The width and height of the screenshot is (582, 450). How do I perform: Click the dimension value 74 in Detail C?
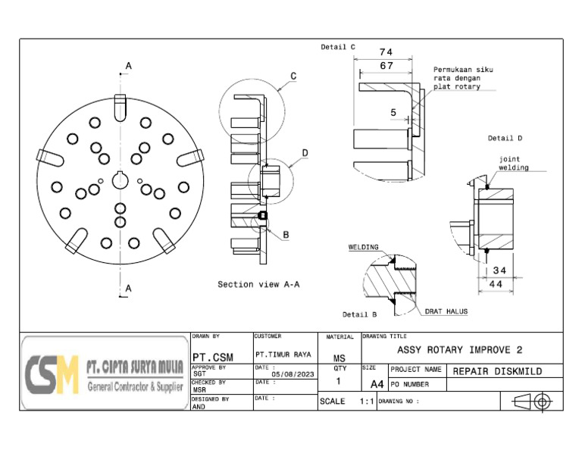pos(386,52)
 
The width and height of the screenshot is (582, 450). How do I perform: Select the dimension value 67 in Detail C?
pos(386,66)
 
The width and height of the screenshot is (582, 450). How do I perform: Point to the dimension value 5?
pos(393,112)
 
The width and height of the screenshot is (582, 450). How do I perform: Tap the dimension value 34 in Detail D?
pos(499,270)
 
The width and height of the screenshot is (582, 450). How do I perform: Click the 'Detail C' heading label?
pos(338,47)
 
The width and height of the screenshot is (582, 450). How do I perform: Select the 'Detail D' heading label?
pos(505,139)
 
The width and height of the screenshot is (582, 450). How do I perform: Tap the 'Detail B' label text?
pos(359,314)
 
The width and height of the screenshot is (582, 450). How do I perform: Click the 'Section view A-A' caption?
pos(258,285)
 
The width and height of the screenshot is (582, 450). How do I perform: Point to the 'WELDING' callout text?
pos(363,247)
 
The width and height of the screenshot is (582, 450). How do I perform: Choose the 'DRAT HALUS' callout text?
pos(446,311)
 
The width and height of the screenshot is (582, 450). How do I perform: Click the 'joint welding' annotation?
pos(513,164)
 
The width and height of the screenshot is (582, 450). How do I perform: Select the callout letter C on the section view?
pos(293,76)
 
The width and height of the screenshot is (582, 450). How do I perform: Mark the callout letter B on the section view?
pos(286,235)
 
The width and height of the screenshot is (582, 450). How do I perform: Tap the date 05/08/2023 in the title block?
pos(292,374)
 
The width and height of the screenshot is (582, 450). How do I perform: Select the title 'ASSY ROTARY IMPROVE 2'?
pos(459,350)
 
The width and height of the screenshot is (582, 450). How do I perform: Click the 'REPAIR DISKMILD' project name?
pos(496,371)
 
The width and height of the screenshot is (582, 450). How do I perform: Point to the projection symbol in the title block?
pos(533,402)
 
